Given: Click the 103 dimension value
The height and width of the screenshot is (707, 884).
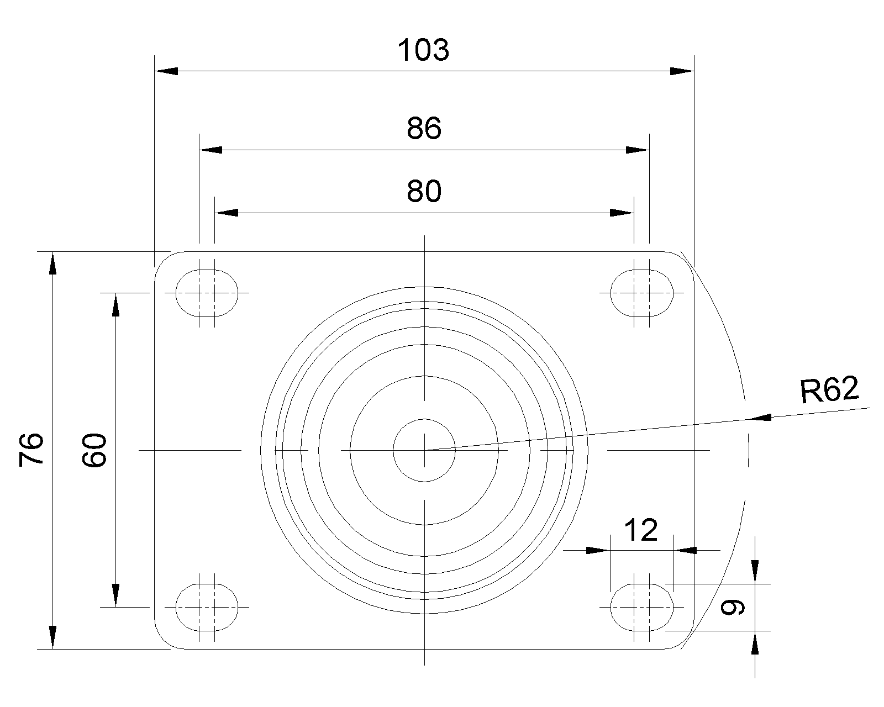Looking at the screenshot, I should [x=423, y=50].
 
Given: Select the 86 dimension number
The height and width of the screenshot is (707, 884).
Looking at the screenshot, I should [x=424, y=128].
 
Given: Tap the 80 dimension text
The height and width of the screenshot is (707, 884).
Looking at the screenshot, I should [x=424, y=191].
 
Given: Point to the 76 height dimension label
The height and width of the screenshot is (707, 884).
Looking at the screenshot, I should [x=31, y=450].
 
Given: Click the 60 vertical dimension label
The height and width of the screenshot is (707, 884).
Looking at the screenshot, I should [x=94, y=450].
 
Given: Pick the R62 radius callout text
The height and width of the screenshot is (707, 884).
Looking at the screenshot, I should [x=829, y=390].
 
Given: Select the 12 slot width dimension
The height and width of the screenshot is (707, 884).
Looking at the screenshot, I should [x=641, y=530].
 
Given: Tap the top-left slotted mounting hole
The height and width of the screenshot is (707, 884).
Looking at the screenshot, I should [x=207, y=293].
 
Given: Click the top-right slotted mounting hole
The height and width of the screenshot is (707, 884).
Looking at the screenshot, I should [x=641, y=293].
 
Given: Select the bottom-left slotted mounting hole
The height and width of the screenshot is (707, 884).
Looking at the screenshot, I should [x=207, y=607].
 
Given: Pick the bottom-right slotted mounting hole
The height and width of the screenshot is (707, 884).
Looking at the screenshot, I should [x=641, y=607].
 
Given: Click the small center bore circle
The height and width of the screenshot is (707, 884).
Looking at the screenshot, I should [x=424, y=450].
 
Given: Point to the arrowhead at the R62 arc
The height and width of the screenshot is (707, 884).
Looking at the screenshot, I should [x=759, y=418].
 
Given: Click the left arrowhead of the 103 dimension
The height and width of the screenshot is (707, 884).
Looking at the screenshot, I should [x=166, y=71].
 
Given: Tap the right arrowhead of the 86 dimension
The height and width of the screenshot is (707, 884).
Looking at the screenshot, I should [x=638, y=150].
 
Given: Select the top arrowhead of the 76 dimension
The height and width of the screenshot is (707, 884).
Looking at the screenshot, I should [x=53, y=263].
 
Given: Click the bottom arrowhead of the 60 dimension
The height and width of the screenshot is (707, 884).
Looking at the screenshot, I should [x=115, y=595].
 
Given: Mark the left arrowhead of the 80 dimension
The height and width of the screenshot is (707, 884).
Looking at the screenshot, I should [x=226, y=213].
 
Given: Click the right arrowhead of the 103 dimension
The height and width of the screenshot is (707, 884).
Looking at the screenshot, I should [x=682, y=71].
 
